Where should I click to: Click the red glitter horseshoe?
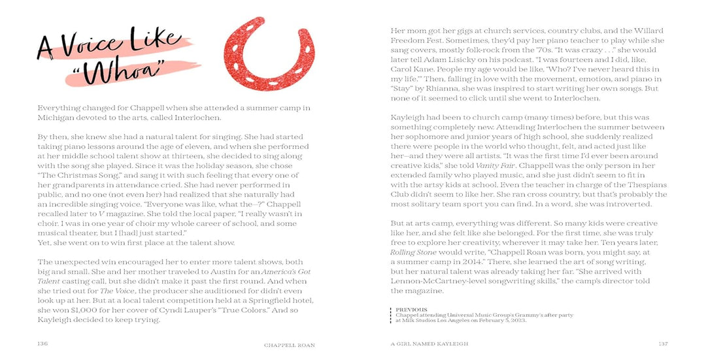coord(258,52)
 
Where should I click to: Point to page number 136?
coord(42,343)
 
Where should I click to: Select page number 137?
coord(663,343)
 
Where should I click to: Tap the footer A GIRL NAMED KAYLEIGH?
coord(429,344)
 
